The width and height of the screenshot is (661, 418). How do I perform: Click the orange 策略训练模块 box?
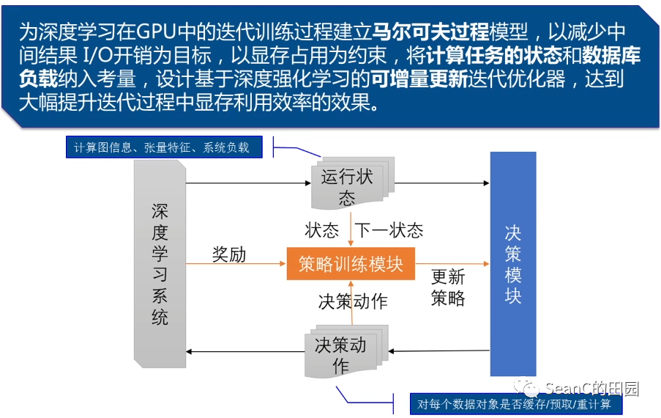click(351, 263)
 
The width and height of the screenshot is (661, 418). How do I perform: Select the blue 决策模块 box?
click(512, 264)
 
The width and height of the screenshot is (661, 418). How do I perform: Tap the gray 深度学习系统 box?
click(160, 264)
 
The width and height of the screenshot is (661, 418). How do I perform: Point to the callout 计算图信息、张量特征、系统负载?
click(161, 147)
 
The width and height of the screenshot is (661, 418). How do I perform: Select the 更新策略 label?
click(448, 287)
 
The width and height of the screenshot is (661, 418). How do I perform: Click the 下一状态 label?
click(389, 230)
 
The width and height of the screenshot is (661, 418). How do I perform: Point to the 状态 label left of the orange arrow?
click(322, 230)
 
